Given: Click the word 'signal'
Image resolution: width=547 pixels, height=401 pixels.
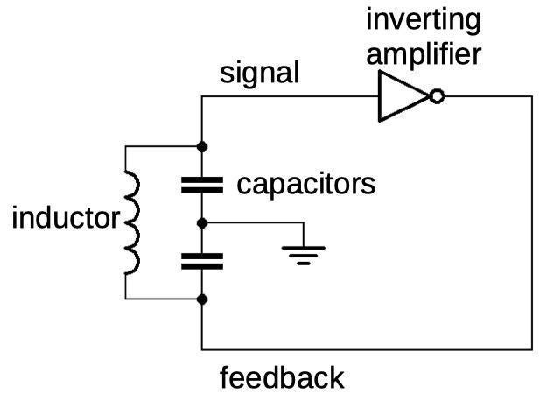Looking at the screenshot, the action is (x=260, y=73).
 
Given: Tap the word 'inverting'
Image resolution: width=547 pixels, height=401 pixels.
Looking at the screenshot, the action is (x=424, y=21).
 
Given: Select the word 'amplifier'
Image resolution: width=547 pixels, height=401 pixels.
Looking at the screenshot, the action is (x=424, y=53).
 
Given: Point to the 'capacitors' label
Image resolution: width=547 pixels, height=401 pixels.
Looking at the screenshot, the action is (x=306, y=184).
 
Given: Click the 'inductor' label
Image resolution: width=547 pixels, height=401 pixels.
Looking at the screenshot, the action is (x=66, y=217).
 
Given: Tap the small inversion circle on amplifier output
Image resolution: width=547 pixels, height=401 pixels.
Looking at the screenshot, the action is (x=437, y=96).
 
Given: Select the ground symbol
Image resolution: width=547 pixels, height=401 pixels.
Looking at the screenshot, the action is (x=304, y=256).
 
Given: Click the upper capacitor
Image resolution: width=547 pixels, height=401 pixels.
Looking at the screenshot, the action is (x=202, y=185).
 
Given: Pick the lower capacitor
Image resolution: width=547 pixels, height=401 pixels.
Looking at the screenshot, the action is (x=202, y=262).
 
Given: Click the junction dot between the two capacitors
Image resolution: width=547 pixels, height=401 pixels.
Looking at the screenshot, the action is (x=202, y=223).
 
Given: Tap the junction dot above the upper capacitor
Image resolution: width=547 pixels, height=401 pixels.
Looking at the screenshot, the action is (x=202, y=147).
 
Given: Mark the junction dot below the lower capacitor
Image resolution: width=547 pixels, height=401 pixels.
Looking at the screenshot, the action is (x=202, y=299).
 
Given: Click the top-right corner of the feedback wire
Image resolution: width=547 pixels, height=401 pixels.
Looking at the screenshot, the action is (x=532, y=96).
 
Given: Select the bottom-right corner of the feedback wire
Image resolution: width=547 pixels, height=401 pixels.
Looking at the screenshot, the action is (x=532, y=349).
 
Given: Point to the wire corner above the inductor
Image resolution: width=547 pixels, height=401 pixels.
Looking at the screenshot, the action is (x=125, y=146).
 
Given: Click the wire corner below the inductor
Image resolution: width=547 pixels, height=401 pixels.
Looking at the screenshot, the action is (x=125, y=299).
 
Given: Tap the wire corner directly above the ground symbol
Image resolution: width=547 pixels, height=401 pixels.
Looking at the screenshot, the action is (x=304, y=222).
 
